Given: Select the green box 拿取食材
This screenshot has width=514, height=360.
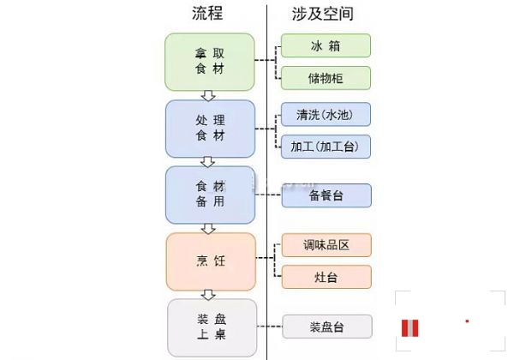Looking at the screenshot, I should click(210, 62).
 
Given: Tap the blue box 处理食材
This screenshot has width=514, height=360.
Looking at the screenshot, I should click(210, 129).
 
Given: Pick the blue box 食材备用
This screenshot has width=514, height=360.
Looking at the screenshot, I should click(210, 195).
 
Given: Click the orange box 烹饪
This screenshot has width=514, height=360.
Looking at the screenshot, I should click(210, 261).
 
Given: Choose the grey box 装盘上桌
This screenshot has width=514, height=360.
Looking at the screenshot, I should click(210, 327).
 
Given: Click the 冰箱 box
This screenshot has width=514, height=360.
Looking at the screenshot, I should click(326, 45).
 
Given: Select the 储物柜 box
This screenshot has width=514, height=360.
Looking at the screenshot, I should click(326, 78).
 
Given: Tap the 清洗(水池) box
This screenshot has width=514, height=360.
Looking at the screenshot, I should click(326, 114).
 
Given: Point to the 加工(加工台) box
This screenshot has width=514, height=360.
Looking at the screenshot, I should click(326, 147).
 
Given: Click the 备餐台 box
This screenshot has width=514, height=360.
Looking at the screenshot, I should click(326, 195).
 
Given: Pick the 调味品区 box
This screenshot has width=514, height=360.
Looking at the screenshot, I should click(326, 245).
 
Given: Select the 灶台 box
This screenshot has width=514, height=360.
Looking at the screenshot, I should click(326, 277).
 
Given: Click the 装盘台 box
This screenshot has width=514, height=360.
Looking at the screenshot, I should click(326, 327).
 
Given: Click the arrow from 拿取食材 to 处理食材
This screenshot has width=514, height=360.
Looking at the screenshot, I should click(207, 94).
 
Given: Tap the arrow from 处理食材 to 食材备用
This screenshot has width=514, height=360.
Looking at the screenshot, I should click(207, 161).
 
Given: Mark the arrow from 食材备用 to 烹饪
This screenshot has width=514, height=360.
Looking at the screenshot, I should click(207, 227).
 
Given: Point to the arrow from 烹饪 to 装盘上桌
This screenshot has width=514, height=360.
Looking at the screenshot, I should click(207, 293).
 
